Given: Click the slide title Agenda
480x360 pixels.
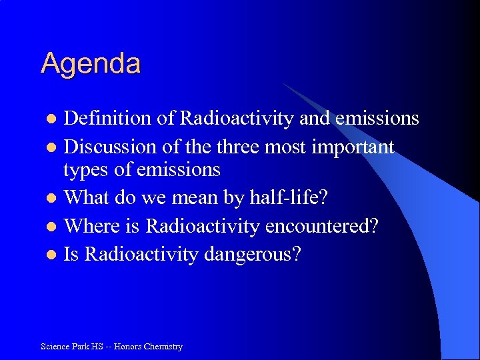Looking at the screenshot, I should click(x=91, y=64).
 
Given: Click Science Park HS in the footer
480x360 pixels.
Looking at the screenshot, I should click(x=71, y=347).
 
